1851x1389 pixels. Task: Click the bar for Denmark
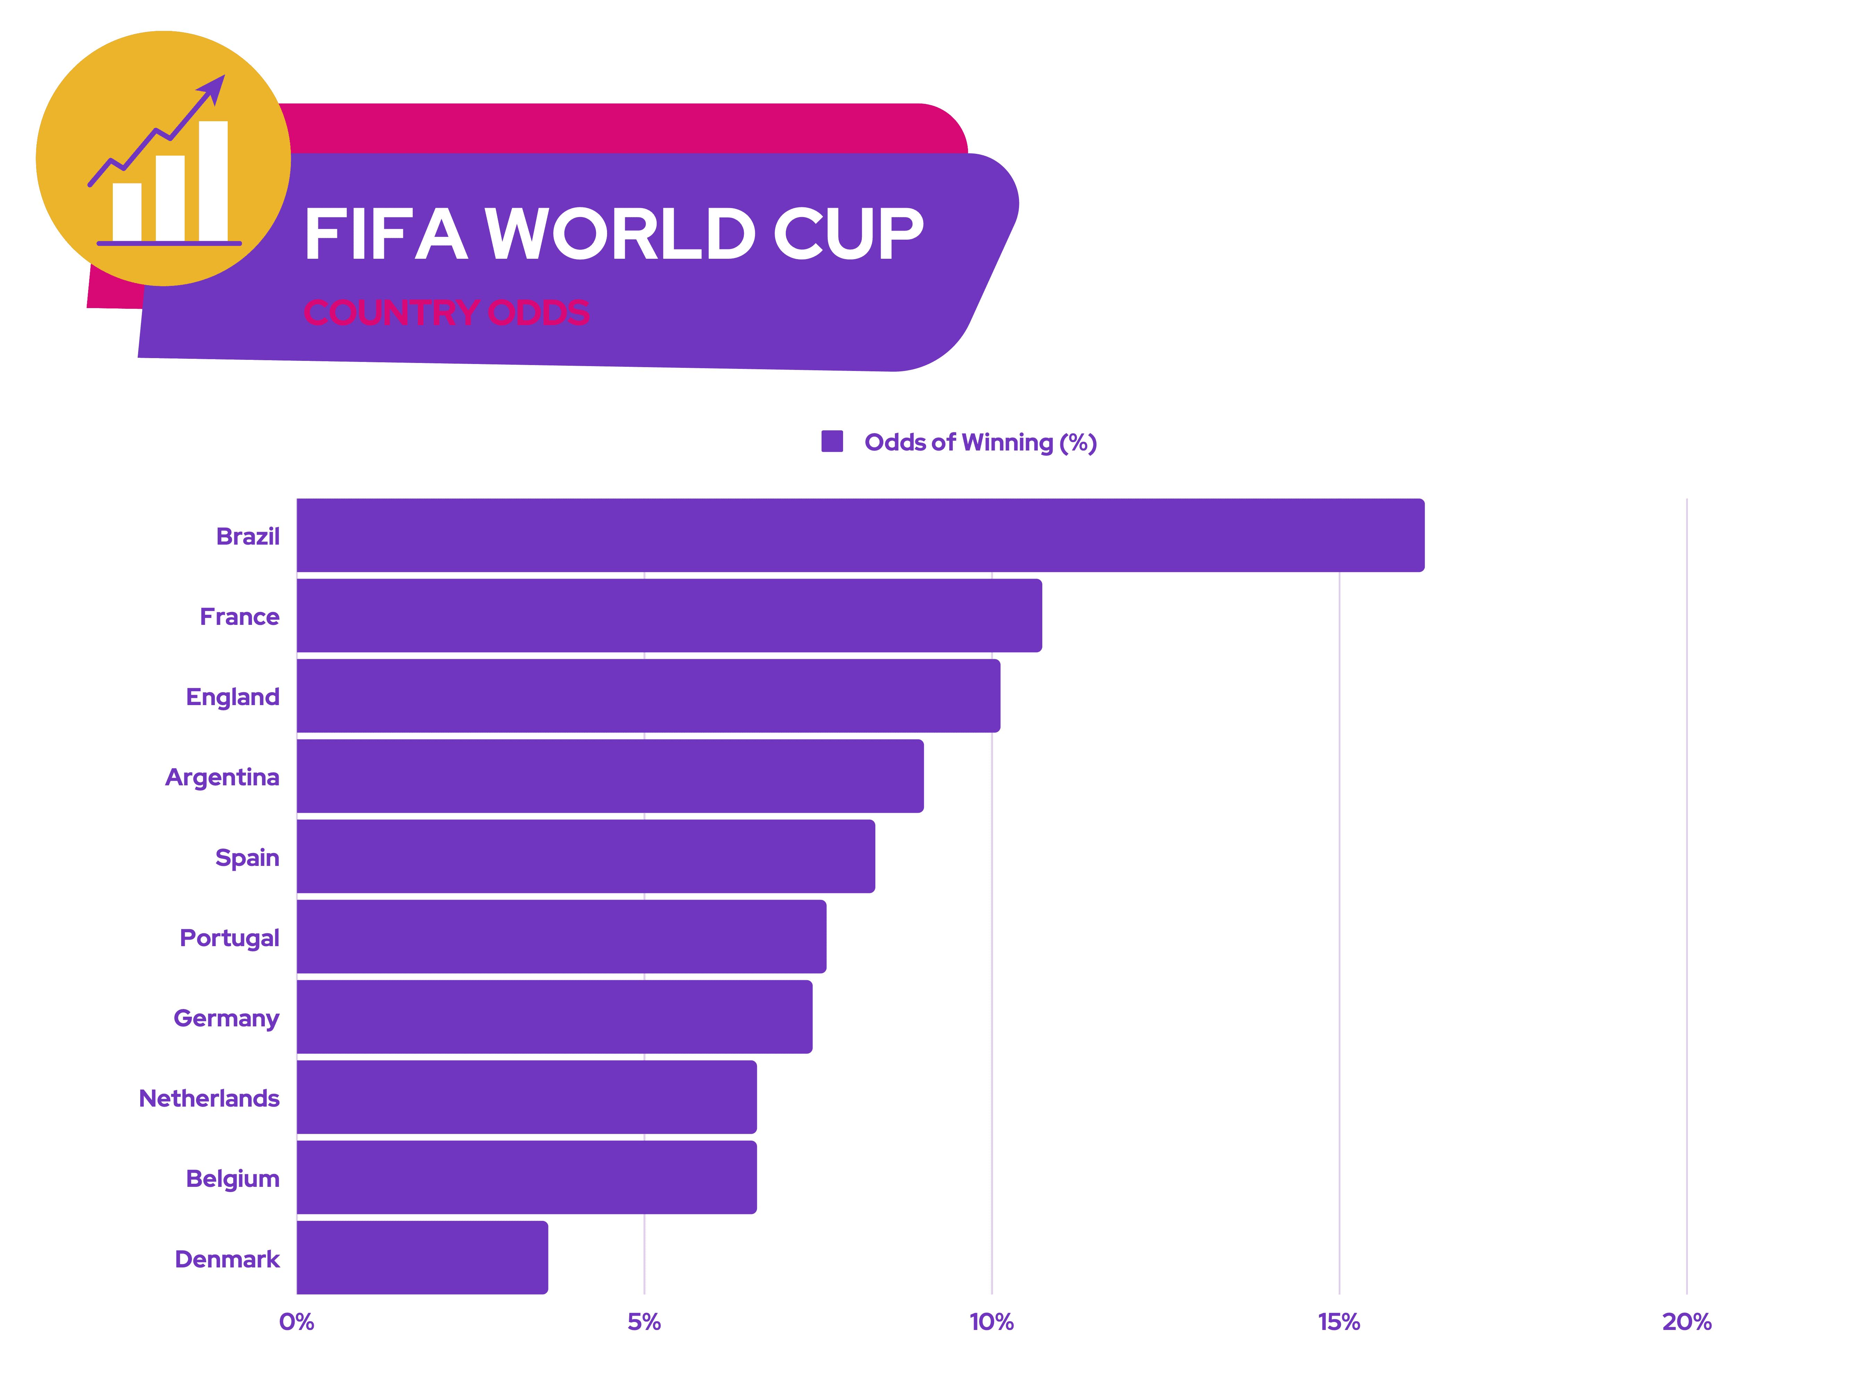point(423,1258)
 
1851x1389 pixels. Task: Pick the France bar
point(670,615)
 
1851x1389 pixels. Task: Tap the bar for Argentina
point(610,776)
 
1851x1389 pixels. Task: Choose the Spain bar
point(586,857)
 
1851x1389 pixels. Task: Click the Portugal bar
point(562,937)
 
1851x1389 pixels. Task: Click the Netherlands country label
point(209,1099)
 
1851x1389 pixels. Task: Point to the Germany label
point(226,1018)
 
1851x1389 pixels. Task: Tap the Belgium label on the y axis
point(233,1179)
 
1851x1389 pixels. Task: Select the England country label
point(233,697)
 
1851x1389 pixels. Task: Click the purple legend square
point(832,441)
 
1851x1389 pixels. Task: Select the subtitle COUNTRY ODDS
point(446,312)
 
